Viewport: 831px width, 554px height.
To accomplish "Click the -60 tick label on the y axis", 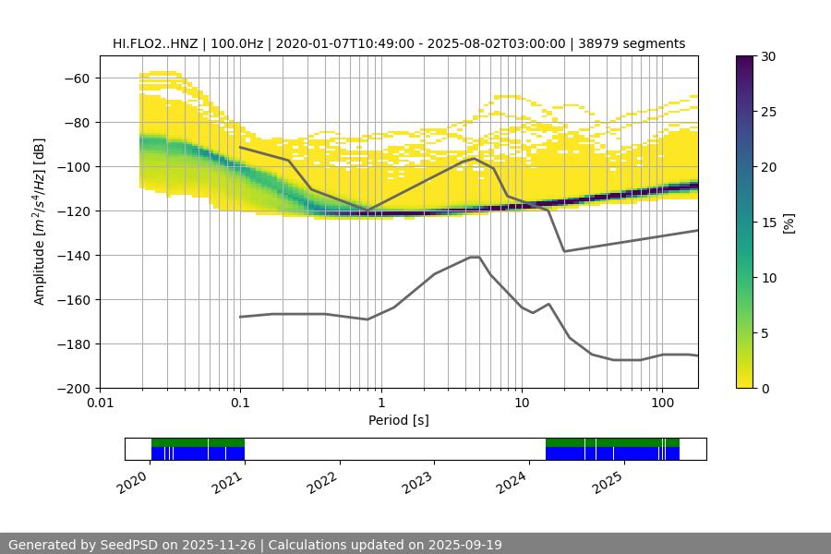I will point(77,78).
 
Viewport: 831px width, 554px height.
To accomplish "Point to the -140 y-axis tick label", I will point(73,256).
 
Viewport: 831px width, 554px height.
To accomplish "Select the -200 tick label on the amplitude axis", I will point(73,389).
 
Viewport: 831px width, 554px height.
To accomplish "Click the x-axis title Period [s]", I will point(399,420).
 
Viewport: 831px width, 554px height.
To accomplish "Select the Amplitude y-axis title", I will point(40,223).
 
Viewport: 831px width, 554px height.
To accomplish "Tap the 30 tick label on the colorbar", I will point(768,56).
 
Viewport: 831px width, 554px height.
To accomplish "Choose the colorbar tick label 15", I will point(768,223).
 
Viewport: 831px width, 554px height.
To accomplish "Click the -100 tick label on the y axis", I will point(73,167).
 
